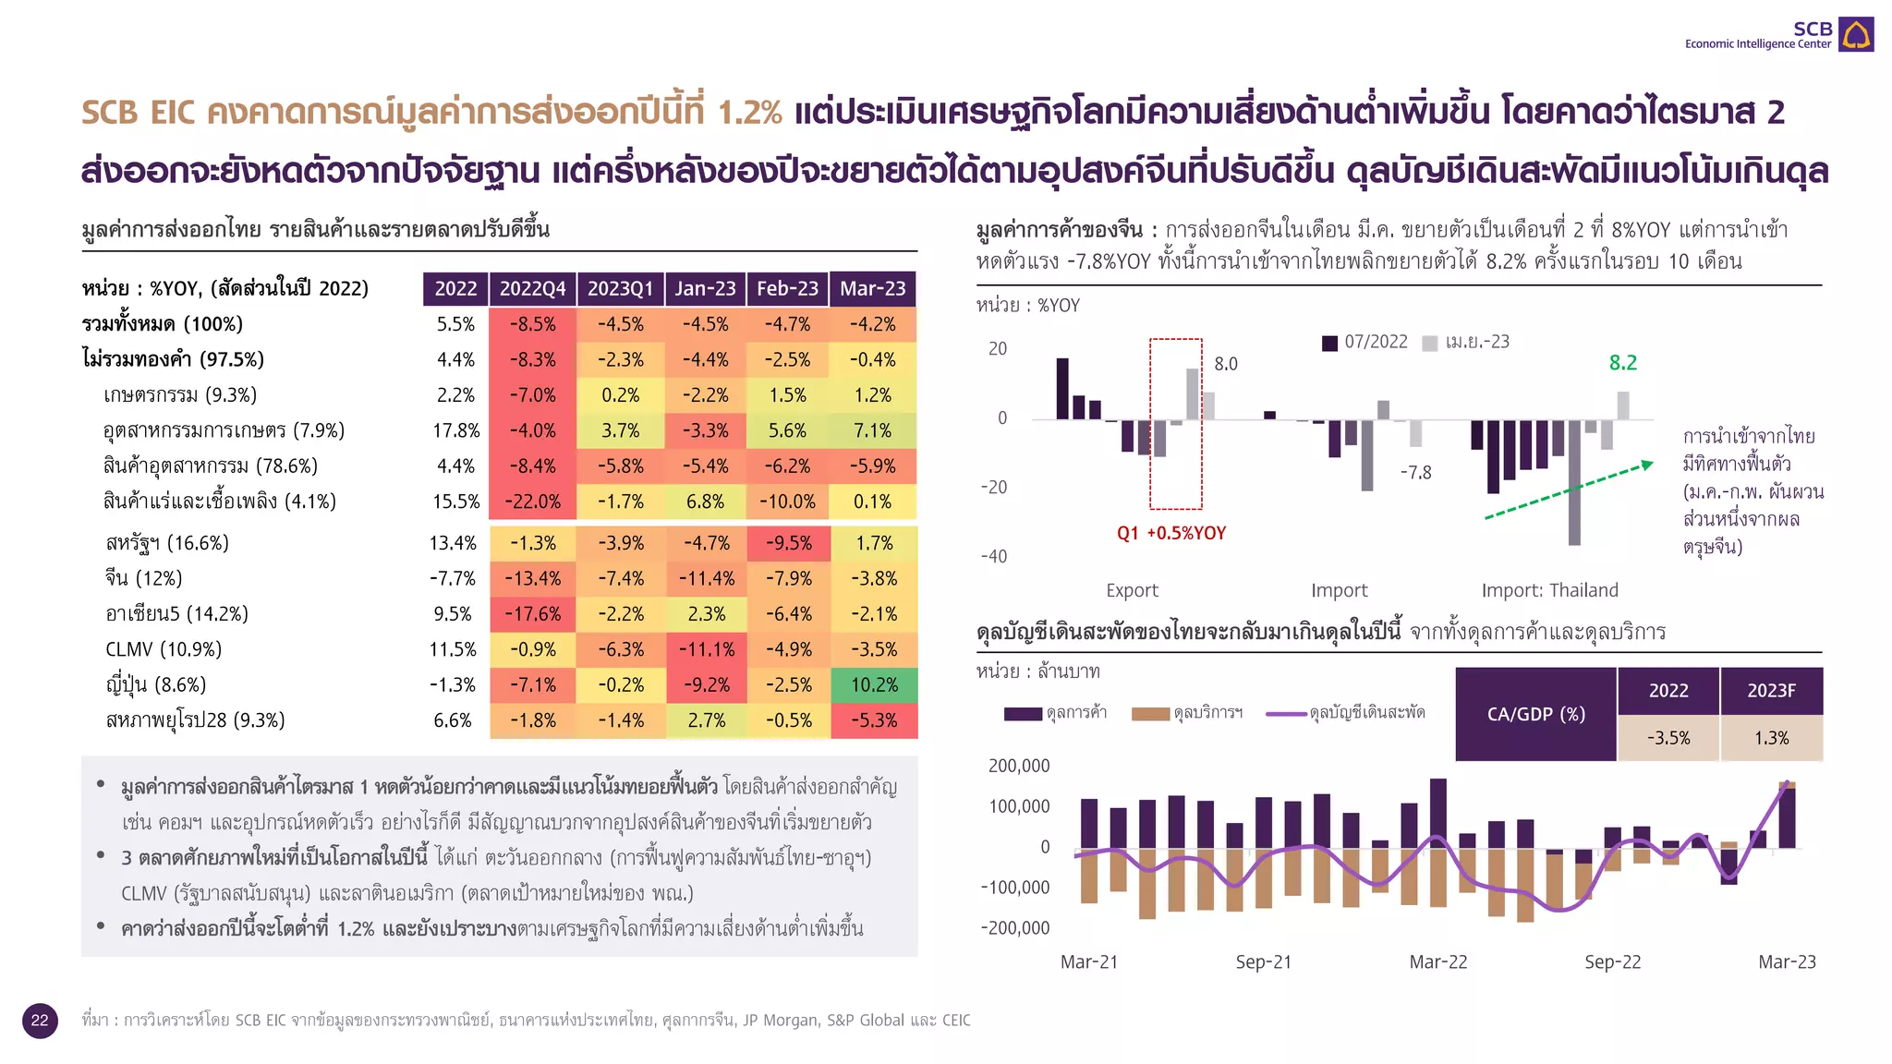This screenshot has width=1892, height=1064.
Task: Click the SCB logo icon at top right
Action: point(1855,34)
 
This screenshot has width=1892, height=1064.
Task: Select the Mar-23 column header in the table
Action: point(872,288)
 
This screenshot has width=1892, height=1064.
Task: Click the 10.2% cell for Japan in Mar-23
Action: point(874,684)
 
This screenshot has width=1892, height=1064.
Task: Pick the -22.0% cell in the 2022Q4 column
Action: point(533,502)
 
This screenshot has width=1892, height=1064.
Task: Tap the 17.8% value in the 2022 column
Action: point(455,430)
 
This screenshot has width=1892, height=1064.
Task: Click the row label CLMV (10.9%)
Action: point(164,649)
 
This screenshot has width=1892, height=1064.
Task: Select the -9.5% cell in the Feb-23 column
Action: point(788,543)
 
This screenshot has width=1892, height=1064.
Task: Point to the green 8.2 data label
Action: point(1622,363)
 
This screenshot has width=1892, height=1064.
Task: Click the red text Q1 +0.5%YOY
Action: point(1170,533)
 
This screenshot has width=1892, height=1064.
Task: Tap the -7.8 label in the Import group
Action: point(1415,473)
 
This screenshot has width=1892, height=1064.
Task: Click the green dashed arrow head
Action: point(1646,465)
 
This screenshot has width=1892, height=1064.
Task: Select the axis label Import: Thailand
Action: point(1549,590)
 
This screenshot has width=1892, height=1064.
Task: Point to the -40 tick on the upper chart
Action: point(994,556)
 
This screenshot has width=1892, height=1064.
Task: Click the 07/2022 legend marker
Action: point(1330,343)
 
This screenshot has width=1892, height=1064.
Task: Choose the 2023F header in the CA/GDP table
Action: point(1770,691)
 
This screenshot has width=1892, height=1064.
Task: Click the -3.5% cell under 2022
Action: point(1668,738)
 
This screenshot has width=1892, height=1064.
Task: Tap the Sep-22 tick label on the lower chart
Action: point(1612,961)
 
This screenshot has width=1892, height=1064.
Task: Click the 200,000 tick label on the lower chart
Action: point(1019,766)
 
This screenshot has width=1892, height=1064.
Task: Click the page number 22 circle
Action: point(40,1020)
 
